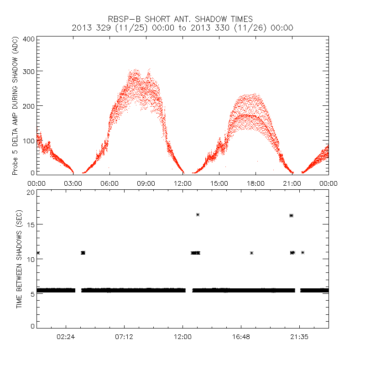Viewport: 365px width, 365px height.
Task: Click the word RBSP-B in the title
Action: [x=124, y=19]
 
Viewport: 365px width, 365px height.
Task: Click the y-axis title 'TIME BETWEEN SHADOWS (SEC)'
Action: [x=20, y=259]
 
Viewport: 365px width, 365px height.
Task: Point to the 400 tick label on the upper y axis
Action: [x=28, y=39]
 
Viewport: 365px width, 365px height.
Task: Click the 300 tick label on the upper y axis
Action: [x=28, y=72]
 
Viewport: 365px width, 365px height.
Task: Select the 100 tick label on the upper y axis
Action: [x=28, y=140]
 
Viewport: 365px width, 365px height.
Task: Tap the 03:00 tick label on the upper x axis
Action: [x=73, y=183]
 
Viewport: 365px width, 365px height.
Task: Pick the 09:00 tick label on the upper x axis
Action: [x=146, y=183]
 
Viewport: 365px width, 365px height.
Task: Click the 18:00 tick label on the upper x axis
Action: [x=255, y=183]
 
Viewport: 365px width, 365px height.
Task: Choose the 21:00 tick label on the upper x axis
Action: [x=292, y=183]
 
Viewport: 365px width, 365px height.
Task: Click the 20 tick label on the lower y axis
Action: [x=31, y=192]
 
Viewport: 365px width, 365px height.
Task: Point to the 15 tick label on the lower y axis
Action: [x=31, y=224]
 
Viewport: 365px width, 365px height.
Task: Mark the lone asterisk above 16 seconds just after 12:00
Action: [x=198, y=214]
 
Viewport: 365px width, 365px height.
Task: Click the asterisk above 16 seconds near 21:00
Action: [x=291, y=215]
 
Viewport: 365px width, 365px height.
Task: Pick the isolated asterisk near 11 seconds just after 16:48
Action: [x=251, y=253]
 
